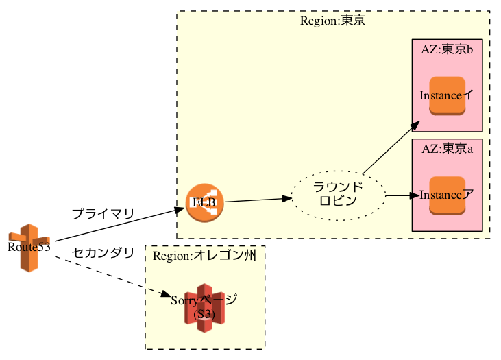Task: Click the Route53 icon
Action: click(29, 247)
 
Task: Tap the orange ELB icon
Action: click(204, 203)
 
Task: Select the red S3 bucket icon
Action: click(204, 308)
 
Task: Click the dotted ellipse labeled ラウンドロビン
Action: click(339, 195)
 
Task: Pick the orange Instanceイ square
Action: click(447, 95)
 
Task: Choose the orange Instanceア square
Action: click(447, 195)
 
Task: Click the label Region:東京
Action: click(332, 21)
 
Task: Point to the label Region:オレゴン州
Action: click(204, 256)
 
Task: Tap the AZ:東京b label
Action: click(447, 49)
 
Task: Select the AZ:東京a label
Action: click(447, 149)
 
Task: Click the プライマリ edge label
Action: click(103, 214)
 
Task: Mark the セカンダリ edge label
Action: click(103, 253)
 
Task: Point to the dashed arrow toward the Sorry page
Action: click(110, 275)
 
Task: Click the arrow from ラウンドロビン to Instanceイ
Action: click(391, 149)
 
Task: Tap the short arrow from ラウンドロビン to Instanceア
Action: click(401, 195)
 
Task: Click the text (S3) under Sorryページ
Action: click(204, 315)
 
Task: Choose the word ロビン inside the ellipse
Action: click(338, 202)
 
